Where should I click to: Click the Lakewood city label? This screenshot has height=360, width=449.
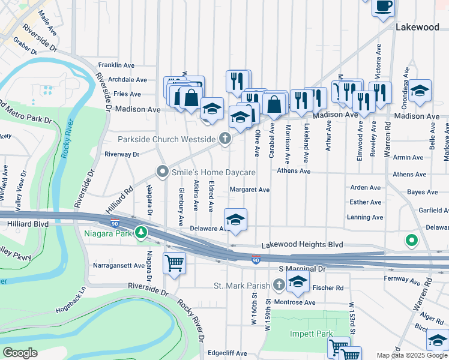point(417,28)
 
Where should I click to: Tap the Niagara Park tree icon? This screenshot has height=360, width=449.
point(141,232)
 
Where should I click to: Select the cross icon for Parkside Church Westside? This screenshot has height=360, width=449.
point(225,139)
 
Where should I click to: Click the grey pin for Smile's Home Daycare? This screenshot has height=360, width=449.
point(162,172)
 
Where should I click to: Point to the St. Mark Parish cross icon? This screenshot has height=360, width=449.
point(279,284)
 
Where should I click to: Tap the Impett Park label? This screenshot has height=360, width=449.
point(295,334)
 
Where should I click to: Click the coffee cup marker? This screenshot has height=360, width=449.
point(383,7)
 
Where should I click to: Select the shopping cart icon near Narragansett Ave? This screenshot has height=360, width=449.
point(174,262)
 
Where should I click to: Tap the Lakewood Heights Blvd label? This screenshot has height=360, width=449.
point(303,245)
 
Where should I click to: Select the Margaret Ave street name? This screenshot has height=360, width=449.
point(250,190)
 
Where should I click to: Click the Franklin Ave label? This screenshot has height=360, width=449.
point(116,65)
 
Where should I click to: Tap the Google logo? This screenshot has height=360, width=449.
point(20,353)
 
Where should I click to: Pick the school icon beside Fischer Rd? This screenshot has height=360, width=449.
point(298,280)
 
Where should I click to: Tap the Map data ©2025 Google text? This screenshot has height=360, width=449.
point(411,355)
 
